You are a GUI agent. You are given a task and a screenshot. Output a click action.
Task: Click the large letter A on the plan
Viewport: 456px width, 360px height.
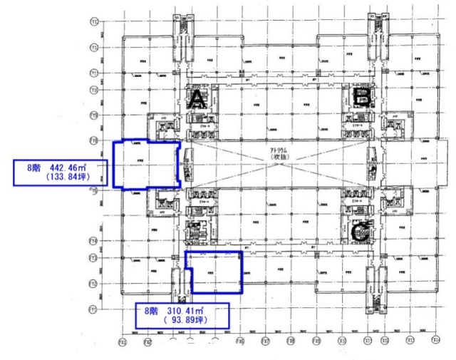pos(197,101)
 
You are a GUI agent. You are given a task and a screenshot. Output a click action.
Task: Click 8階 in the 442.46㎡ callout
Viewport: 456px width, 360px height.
pos(34,168)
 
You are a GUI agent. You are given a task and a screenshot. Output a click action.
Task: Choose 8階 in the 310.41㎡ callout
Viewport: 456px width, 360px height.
pos(151,312)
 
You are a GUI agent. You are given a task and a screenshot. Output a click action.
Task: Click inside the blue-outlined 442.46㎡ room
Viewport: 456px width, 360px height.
pos(145,164)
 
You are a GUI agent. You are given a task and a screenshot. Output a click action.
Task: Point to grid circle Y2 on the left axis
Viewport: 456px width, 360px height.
pos(93,284)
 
